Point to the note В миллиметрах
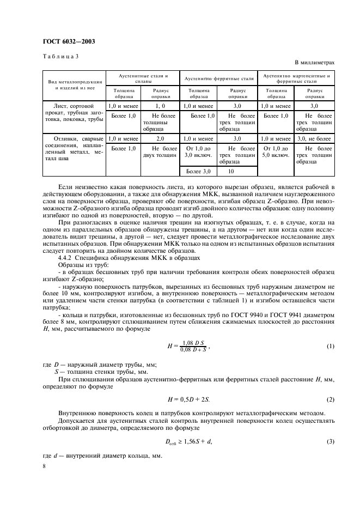315,63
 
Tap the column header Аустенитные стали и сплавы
144,78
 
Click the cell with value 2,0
160,139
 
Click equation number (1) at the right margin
330,347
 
